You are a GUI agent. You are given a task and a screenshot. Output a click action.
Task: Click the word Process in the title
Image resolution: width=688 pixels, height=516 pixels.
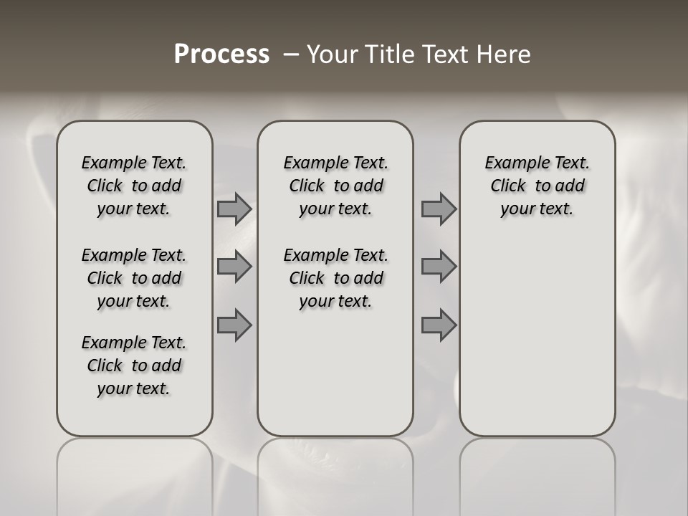click(221, 54)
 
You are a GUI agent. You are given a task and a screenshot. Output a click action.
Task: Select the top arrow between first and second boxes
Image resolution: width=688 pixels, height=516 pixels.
click(234, 209)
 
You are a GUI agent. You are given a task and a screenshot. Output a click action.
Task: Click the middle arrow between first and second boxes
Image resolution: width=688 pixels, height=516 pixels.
click(234, 267)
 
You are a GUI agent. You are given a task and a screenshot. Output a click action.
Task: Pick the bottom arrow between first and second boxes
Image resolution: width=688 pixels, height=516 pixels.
click(234, 325)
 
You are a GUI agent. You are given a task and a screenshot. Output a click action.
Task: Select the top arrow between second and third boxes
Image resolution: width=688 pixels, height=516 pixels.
click(439, 209)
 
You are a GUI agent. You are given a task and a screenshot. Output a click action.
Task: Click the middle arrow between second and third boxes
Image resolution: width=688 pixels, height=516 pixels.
click(439, 267)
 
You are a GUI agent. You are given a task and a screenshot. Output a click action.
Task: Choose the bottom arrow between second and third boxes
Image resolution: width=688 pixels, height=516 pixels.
click(439, 325)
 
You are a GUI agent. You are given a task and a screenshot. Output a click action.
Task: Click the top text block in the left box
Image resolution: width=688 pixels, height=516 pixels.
click(134, 186)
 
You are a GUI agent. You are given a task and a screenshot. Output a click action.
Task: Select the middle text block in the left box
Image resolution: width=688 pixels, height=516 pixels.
click(134, 278)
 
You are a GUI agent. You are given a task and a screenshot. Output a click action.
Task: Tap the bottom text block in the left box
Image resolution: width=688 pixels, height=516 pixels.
click(134, 365)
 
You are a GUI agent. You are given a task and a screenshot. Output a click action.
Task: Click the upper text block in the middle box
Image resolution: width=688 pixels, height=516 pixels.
click(335, 186)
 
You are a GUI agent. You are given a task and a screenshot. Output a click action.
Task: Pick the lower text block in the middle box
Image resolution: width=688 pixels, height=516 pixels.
click(335, 278)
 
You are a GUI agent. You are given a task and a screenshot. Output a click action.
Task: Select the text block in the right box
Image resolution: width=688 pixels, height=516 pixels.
click(537, 186)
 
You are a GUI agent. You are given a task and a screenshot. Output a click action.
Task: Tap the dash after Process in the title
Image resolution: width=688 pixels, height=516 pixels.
click(291, 54)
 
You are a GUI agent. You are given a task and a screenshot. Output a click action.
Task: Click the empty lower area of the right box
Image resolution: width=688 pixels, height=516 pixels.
click(537, 337)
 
